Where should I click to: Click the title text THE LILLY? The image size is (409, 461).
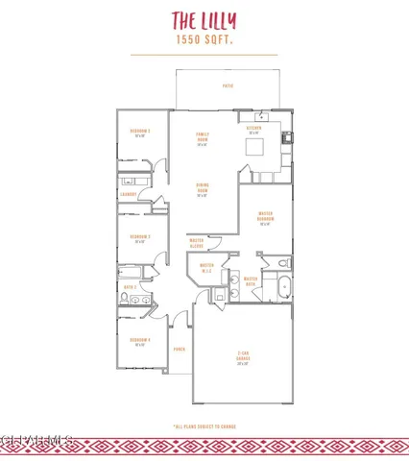click(x=204, y=20)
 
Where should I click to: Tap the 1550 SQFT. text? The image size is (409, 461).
click(x=204, y=40)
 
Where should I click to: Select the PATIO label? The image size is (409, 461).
click(x=228, y=86)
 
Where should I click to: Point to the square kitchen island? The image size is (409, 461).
click(x=255, y=147)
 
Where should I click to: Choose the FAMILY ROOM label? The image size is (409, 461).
click(x=203, y=138)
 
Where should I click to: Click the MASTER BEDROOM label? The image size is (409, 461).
click(x=267, y=218)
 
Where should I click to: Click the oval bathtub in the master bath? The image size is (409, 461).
click(x=282, y=287)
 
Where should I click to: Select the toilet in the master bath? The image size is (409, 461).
click(x=281, y=261)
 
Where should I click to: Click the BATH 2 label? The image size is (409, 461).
click(x=130, y=286)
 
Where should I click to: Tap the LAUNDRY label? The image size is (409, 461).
click(x=127, y=194)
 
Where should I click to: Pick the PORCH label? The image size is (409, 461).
click(x=179, y=350)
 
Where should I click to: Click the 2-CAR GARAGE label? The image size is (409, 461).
click(x=243, y=358)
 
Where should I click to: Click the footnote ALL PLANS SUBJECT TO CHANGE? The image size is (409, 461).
click(x=204, y=424)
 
